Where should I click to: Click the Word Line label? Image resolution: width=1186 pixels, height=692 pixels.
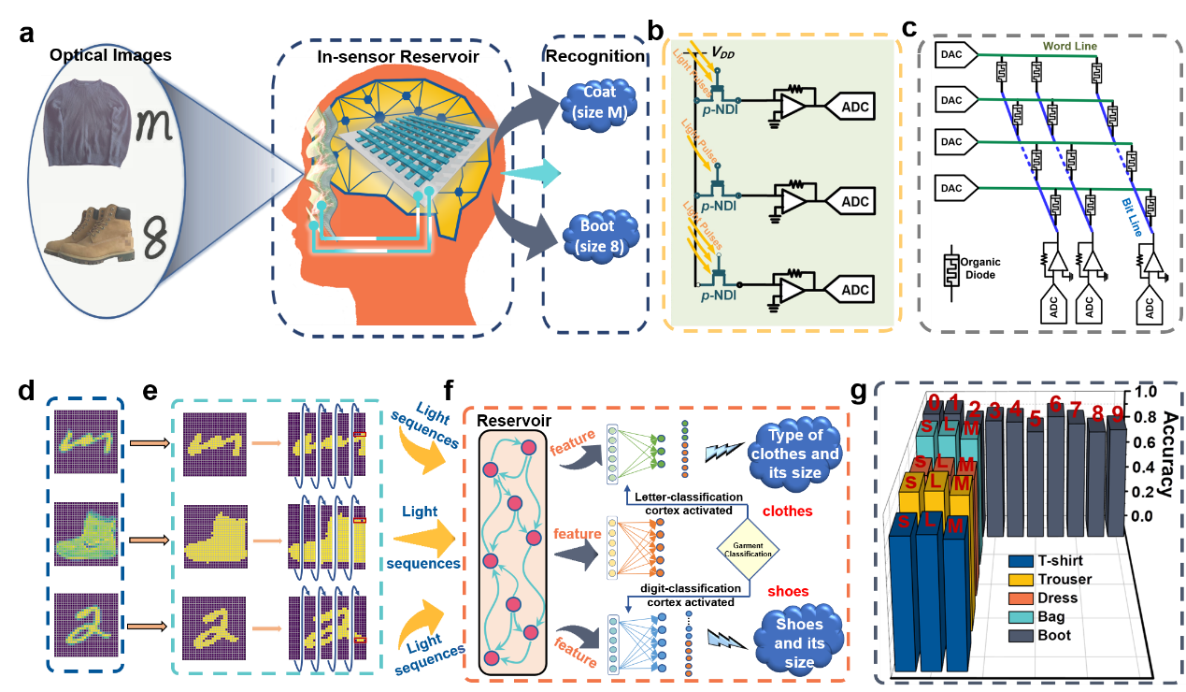1069,46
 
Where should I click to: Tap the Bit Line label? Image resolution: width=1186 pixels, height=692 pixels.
1136,208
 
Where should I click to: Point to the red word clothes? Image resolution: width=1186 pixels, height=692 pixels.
787,512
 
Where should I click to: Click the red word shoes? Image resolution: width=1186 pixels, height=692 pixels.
787,590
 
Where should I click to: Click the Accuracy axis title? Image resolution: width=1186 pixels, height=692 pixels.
1167,454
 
